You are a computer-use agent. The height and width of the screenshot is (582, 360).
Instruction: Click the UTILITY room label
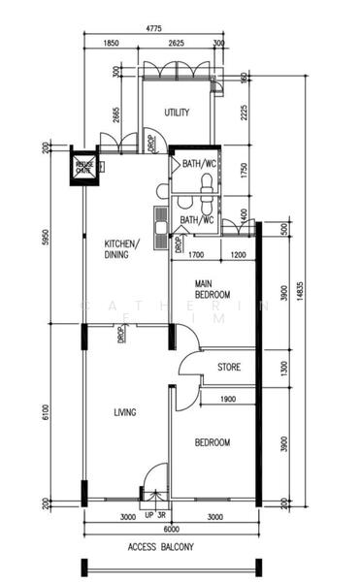click(x=176, y=113)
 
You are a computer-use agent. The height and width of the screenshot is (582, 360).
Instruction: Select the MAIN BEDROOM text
click(x=212, y=288)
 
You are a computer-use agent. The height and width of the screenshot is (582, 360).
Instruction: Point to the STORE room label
click(x=229, y=368)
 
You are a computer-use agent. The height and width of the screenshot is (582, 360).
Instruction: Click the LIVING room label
click(x=124, y=412)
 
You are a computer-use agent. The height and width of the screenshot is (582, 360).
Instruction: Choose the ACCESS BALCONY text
click(x=160, y=547)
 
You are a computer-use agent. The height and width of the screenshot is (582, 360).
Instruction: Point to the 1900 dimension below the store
click(x=228, y=400)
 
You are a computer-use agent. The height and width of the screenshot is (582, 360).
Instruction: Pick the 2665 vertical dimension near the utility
click(x=115, y=116)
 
